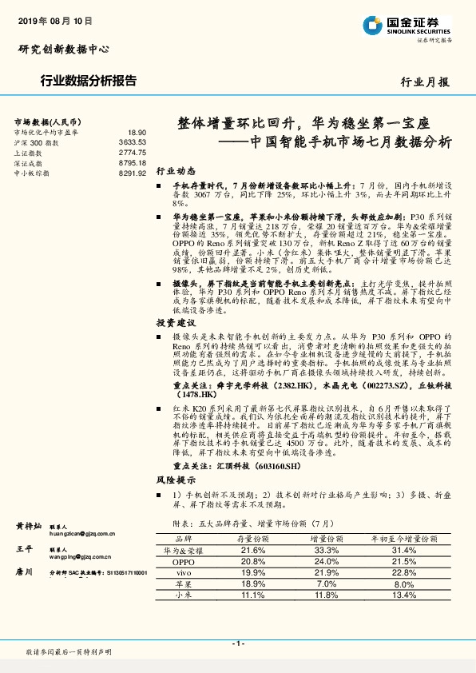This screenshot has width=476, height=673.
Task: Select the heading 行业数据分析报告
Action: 88,81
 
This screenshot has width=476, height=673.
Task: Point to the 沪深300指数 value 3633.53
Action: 132,141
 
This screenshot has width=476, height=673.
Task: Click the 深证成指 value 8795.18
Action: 132,162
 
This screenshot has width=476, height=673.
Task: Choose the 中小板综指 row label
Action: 33,173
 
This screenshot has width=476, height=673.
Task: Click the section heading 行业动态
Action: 175,171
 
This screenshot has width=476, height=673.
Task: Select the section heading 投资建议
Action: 175,322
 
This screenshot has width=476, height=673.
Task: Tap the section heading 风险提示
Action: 175,480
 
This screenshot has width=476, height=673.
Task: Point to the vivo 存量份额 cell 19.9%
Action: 252,573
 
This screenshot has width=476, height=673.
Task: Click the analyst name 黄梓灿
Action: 29,527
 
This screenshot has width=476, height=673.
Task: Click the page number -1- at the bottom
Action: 237,643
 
